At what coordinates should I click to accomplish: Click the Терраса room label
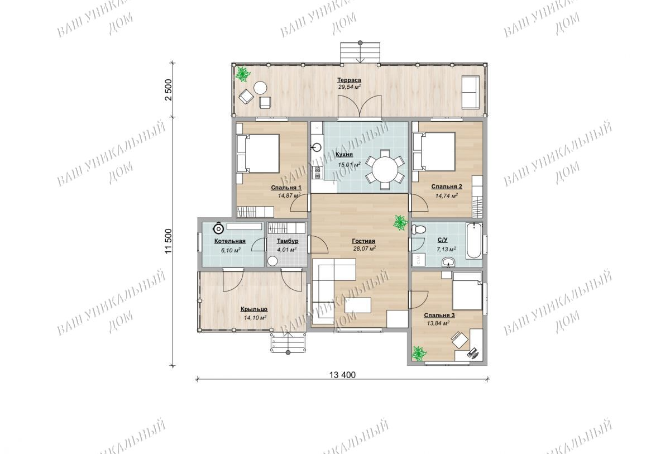(349, 80)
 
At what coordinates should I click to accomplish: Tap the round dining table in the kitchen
(385, 170)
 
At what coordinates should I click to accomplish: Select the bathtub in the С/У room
(474, 241)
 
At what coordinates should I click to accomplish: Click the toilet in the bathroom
(418, 230)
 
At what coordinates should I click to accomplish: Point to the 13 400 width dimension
(342, 375)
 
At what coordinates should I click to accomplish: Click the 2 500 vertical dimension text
(169, 90)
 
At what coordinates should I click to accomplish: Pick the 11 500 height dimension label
(169, 241)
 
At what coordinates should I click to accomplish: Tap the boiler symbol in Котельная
(219, 229)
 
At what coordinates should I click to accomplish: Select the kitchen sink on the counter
(317, 147)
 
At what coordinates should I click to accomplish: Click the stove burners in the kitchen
(317, 173)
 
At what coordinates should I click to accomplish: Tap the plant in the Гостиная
(400, 223)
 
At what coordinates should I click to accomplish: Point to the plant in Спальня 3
(419, 354)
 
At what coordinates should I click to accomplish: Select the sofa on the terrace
(470, 92)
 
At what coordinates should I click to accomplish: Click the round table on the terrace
(260, 88)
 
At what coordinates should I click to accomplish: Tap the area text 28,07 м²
(364, 248)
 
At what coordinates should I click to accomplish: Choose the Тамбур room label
(288, 241)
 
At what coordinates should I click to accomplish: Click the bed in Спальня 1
(258, 154)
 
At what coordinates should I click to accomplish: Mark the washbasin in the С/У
(448, 262)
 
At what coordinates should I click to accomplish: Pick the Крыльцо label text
(254, 309)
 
